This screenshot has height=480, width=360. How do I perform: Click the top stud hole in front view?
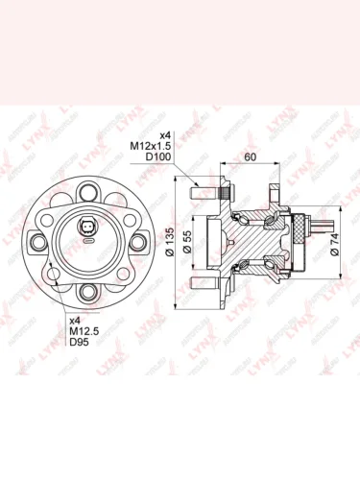(x=89, y=187)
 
